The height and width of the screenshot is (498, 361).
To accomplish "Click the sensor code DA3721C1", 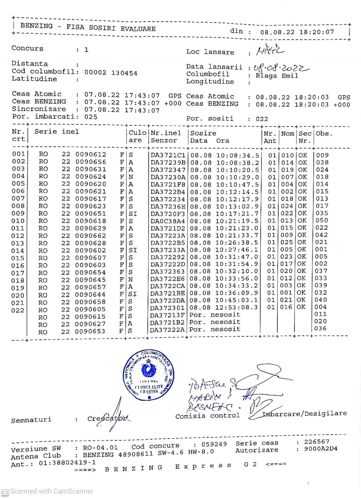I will click(x=168, y=155).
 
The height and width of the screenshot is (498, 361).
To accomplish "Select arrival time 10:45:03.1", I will click(x=237, y=300).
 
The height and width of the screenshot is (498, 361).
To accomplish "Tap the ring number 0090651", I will click(x=90, y=214).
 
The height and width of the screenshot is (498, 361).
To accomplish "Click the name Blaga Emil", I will click(x=277, y=76).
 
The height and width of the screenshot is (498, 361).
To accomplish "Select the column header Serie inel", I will click(x=56, y=132).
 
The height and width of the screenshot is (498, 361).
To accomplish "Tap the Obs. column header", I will click(x=324, y=134).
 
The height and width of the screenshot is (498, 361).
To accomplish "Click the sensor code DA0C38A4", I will click(x=168, y=221).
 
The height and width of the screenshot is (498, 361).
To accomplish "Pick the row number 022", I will click(x=18, y=311).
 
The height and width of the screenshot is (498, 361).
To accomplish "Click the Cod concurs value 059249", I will click(x=214, y=444).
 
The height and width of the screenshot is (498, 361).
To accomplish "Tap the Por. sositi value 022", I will click(x=262, y=119).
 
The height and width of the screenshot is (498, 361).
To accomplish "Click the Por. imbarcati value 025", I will click(x=91, y=117).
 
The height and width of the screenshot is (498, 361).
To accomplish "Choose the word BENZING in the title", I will click(x=36, y=26).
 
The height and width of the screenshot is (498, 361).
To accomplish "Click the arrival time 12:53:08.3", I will click(x=237, y=307).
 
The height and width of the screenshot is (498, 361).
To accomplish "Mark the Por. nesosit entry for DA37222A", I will click(x=215, y=329).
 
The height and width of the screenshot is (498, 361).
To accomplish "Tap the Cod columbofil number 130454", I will click(x=124, y=73).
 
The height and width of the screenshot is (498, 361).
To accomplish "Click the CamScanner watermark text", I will click(x=51, y=491).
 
